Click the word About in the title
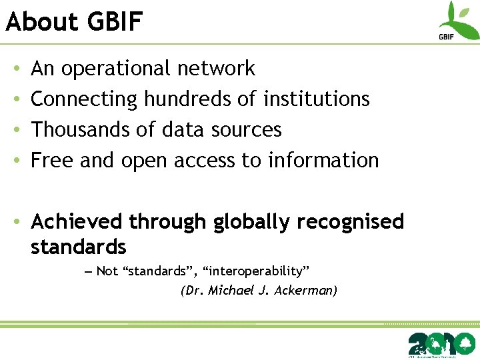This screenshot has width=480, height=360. point(41,22)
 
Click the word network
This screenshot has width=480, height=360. point(216,68)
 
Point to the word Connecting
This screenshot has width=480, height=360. point(84,99)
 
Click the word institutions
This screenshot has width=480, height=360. point(317,99)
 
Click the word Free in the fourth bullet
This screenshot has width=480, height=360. point(53,160)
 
